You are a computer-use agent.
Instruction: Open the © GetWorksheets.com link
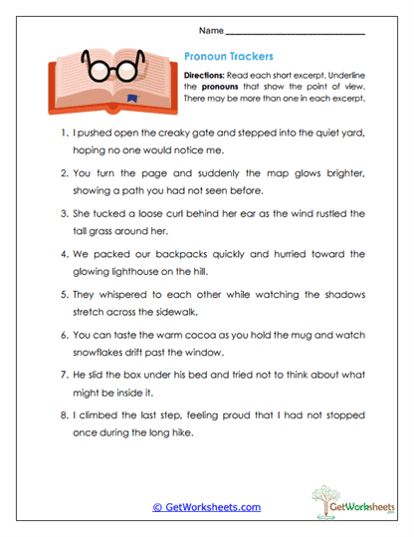click(206, 507)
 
